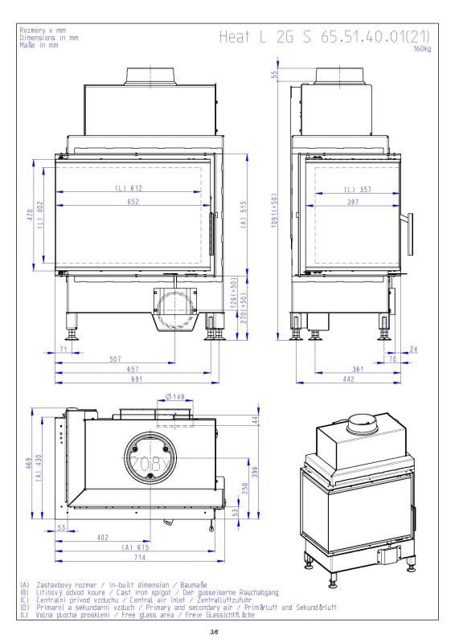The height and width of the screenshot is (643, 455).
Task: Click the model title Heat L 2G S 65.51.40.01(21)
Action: [x=325, y=36]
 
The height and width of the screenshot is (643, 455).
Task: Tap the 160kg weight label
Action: [x=422, y=49]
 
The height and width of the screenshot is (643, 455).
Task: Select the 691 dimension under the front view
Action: [x=137, y=379]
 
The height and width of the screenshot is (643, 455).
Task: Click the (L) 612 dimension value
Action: [x=129, y=188]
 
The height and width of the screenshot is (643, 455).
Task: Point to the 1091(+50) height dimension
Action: [x=274, y=211]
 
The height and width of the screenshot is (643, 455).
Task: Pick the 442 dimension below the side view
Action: [x=348, y=379]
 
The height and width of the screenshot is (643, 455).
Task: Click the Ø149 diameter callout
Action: [x=175, y=396]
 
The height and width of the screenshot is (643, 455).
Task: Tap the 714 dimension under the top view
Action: [x=140, y=557]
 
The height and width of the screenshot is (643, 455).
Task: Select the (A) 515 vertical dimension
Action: [x=244, y=215]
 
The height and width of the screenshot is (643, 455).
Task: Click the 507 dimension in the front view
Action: [x=115, y=359]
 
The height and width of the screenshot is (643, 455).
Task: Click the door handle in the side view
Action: [x=408, y=234]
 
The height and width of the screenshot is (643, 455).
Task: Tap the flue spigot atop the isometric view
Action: [x=362, y=424]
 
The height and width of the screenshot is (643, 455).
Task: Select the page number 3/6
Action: [x=214, y=632]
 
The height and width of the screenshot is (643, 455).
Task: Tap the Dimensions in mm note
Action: [x=49, y=38]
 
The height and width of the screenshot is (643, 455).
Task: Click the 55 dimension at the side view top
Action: [x=274, y=74]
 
